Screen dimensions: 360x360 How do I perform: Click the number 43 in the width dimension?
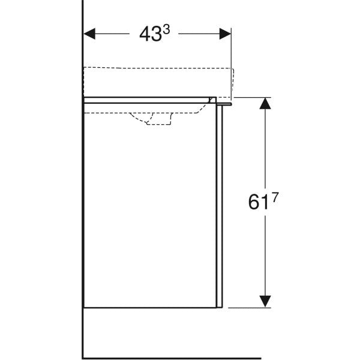point(150,34)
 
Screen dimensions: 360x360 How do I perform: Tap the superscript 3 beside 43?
point(166,29)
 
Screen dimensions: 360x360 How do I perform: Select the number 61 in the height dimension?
point(258,202)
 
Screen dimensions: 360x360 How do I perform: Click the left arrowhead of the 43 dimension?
point(89,34)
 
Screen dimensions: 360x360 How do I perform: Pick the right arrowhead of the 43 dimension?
point(225,34)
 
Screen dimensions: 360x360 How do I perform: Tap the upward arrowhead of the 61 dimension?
point(265,103)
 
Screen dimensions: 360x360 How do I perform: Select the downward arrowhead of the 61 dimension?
point(265,301)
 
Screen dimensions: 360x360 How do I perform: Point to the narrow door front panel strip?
point(220,206)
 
